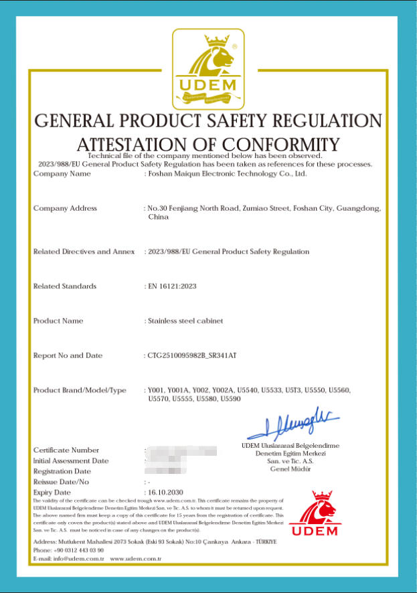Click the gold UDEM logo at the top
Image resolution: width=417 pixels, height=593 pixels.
[208, 69]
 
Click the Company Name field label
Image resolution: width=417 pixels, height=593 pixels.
[62, 174]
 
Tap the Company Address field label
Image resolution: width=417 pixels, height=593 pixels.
[65, 208]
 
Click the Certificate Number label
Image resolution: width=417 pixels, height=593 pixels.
[66, 450]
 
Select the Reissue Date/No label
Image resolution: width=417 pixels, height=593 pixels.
[61, 482]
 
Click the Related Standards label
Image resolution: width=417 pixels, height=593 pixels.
[65, 286]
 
